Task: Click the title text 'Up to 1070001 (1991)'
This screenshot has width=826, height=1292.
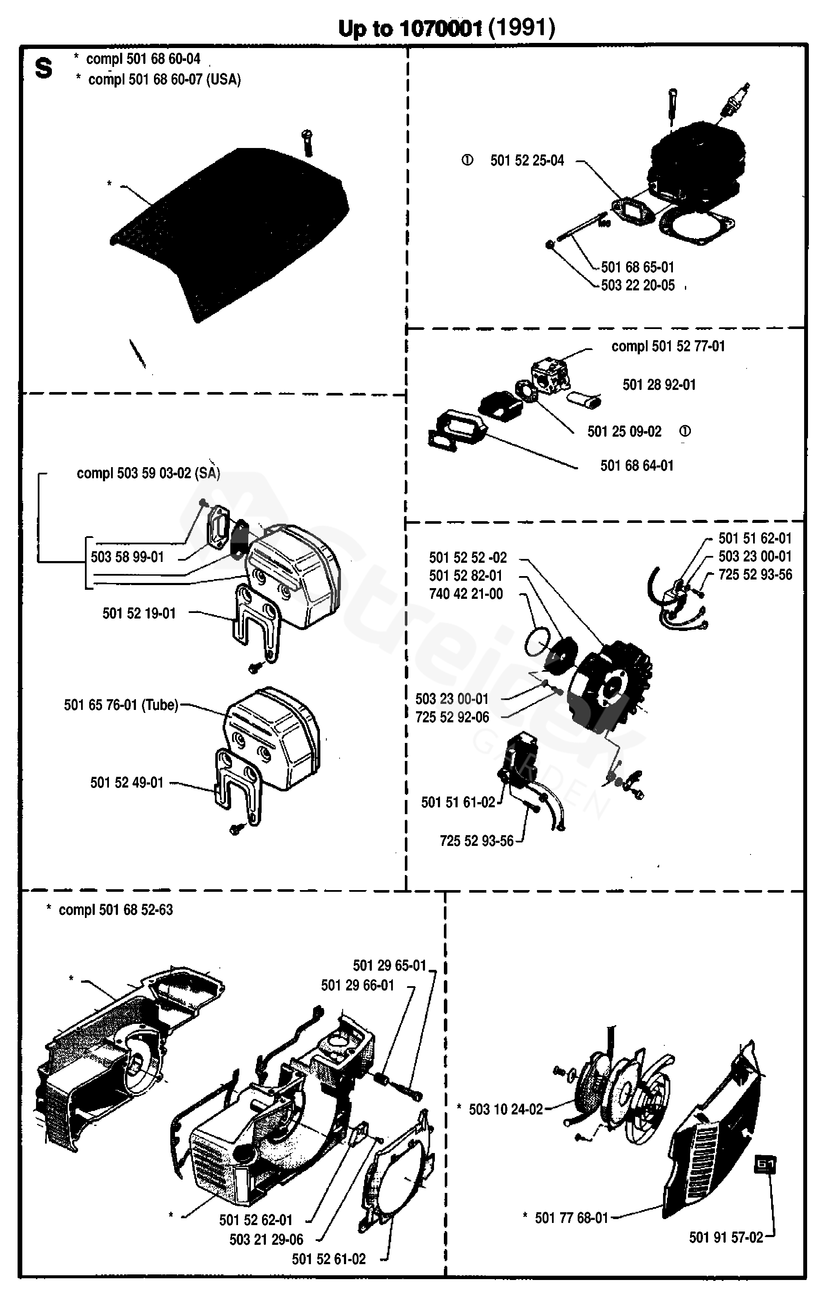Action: pyautogui.click(x=446, y=28)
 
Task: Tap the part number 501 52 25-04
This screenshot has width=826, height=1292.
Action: pyautogui.click(x=527, y=160)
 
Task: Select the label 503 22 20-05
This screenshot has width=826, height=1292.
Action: pyautogui.click(x=637, y=285)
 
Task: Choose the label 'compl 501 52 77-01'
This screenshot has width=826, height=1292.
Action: pyautogui.click(x=668, y=346)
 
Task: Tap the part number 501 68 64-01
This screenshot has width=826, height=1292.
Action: pyautogui.click(x=637, y=466)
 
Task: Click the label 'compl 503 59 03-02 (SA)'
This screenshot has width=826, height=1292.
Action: pyautogui.click(x=148, y=473)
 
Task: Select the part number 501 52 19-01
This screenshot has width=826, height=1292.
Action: pyautogui.click(x=139, y=613)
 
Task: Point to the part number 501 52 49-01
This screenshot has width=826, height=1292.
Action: pyautogui.click(x=127, y=783)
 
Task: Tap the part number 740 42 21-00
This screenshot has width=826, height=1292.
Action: pyautogui.click(x=466, y=594)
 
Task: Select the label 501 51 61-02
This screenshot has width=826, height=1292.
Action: pyautogui.click(x=458, y=802)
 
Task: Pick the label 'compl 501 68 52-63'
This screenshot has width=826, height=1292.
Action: pyautogui.click(x=115, y=910)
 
